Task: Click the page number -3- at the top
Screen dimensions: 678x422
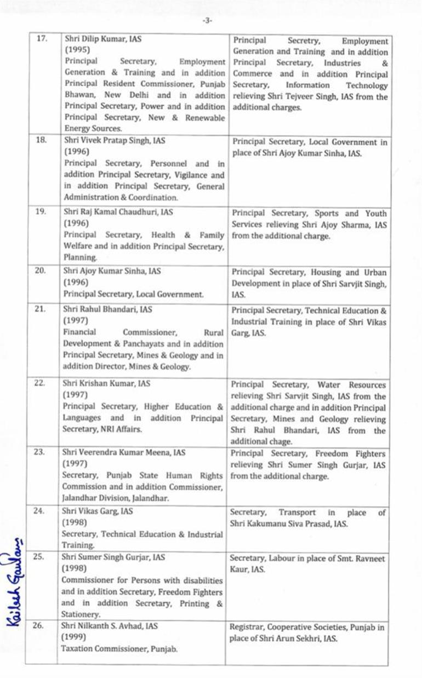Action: click(x=207, y=21)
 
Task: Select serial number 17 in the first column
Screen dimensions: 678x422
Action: click(x=41, y=39)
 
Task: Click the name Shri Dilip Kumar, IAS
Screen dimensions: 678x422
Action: click(x=103, y=39)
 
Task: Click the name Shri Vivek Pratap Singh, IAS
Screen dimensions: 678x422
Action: click(x=115, y=141)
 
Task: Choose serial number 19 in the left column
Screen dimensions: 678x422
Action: click(x=40, y=212)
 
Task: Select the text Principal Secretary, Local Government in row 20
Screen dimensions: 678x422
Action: click(x=133, y=294)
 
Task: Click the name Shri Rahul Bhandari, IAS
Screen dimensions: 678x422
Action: click(x=107, y=309)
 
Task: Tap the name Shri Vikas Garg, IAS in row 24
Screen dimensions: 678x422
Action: click(x=98, y=512)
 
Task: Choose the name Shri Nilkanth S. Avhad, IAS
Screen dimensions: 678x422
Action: click(x=117, y=626)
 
